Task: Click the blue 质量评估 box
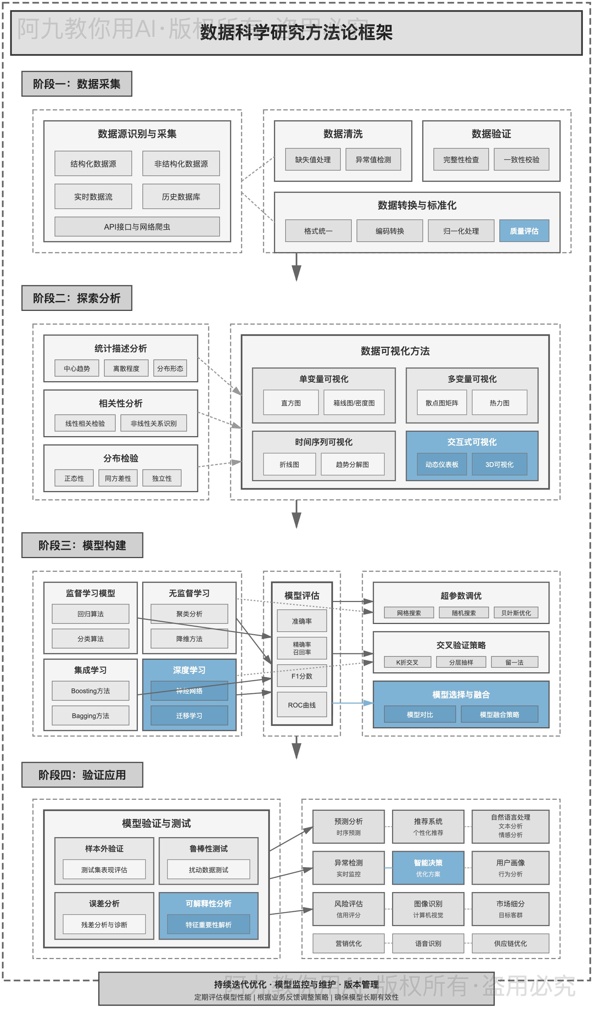[524, 231]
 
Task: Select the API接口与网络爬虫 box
[137, 227]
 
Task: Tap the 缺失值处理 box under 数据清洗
[313, 159]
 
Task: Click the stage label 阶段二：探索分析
[77, 298]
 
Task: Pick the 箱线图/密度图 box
[354, 402]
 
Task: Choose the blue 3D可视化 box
[499, 464]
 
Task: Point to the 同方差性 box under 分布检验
[118, 478]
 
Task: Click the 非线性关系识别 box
[153, 423]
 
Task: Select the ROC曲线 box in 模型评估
[301, 705]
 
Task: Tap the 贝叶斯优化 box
[516, 613]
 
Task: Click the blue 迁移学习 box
[189, 716]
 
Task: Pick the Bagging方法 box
[90, 716]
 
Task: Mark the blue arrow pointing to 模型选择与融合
[368, 703]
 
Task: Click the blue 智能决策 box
[428, 868]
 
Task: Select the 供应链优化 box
[510, 943]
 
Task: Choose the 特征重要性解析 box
[208, 925]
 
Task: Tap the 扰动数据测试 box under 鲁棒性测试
[208, 870]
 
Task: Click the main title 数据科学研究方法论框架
[296, 32]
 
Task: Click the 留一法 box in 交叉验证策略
[514, 662]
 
